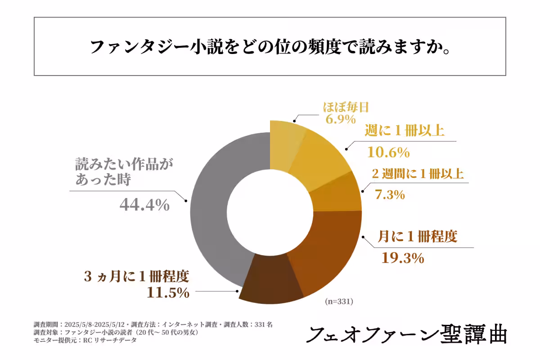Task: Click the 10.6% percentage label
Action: click(x=388, y=152)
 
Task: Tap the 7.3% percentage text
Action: click(x=390, y=195)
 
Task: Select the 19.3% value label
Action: click(x=403, y=258)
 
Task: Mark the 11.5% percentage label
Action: click(x=168, y=292)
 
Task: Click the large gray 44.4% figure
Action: click(x=144, y=205)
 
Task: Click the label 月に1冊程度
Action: click(x=418, y=237)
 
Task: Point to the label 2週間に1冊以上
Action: click(x=418, y=174)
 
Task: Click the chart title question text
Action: click(x=270, y=47)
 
